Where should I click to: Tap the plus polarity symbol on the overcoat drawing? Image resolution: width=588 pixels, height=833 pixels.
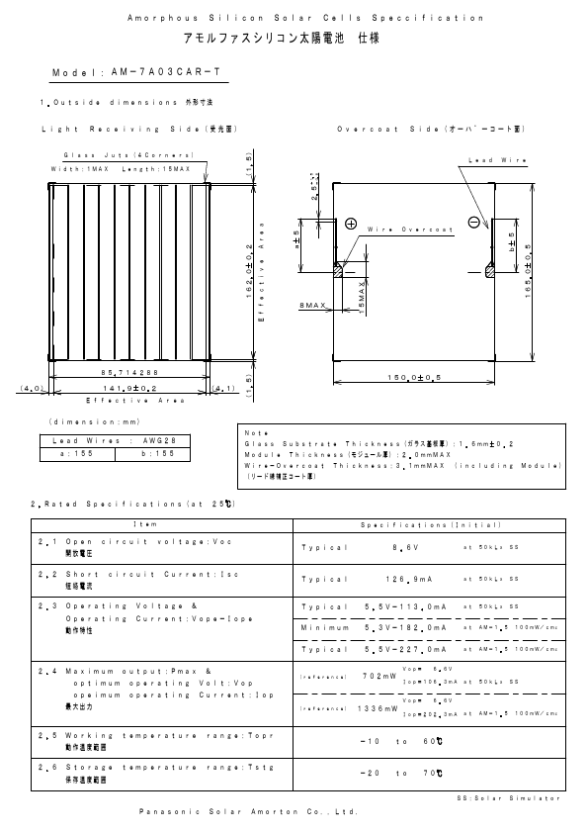[x=350, y=224]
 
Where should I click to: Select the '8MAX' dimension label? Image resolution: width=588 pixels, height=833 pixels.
[x=312, y=308]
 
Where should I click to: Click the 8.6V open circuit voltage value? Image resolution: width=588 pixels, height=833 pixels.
[x=405, y=546]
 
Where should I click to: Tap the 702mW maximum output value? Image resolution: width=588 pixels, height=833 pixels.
[x=379, y=677]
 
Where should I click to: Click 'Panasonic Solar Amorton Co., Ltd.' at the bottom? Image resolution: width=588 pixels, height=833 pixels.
[x=246, y=811]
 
